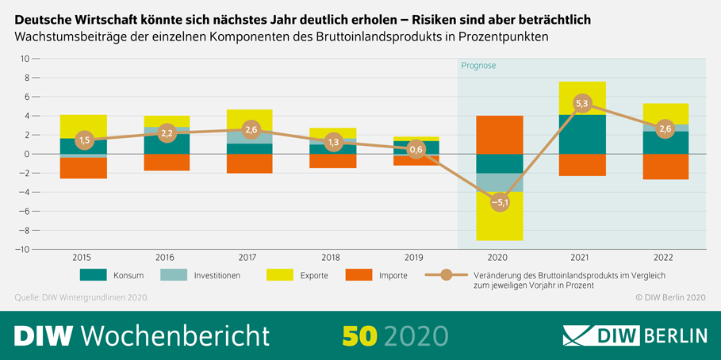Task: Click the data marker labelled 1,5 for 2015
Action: point(83,140)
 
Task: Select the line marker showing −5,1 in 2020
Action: point(499,202)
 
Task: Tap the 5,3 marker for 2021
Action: point(581,103)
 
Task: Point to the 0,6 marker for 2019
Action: point(416,148)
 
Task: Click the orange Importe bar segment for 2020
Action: point(499,135)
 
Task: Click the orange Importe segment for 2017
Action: point(249,163)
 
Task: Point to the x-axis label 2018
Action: point(332,257)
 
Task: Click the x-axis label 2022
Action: point(665,257)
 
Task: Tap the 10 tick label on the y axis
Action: point(25,59)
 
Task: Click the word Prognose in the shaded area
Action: point(478,66)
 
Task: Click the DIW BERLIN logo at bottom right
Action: point(635,335)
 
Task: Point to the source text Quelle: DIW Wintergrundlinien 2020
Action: point(82,297)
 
